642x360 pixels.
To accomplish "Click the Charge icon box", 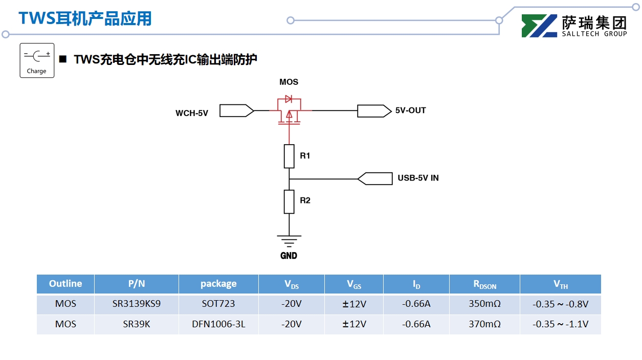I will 37,60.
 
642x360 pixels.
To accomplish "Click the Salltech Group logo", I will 574,26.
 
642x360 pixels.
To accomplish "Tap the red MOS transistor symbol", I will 289,110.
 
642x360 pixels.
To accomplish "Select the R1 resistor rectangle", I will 289,156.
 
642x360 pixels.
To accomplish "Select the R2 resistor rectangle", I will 289,201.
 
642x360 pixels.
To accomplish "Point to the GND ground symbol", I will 289,239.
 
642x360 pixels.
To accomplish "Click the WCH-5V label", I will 192,113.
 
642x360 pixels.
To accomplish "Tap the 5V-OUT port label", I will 410,110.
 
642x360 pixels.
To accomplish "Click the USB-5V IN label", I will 418,178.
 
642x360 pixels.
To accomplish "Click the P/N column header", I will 137,284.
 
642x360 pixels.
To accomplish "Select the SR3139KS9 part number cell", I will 137,304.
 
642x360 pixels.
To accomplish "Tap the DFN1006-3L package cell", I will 218,324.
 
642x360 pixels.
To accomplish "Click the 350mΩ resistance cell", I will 484,304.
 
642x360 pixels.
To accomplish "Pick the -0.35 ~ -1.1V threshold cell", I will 560,324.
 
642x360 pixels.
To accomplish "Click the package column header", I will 218,284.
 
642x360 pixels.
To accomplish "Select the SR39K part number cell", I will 137,324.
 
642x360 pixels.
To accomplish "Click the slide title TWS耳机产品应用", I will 85,18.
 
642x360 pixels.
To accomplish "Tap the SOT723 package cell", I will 218,304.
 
